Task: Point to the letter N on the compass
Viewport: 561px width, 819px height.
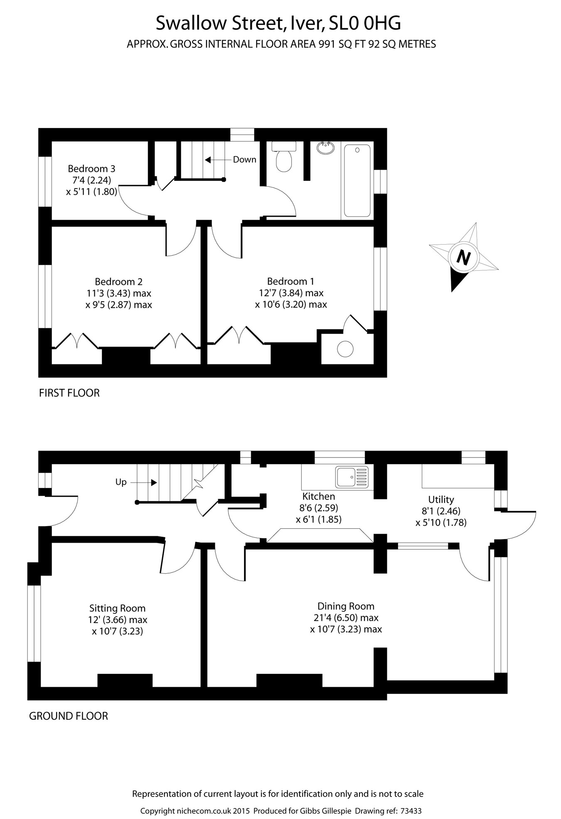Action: point(463,258)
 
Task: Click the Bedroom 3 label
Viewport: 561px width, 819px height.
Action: point(91,168)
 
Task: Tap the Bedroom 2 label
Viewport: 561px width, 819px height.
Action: point(118,282)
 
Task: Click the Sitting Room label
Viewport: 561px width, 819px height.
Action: point(117,609)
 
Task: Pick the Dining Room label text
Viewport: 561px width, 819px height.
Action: point(346,606)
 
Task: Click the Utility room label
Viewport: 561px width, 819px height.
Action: point(441,499)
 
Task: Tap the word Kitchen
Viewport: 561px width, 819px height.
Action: point(318,496)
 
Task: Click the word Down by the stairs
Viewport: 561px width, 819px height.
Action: point(244,160)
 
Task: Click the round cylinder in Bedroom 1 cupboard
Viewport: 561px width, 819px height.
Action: point(345,349)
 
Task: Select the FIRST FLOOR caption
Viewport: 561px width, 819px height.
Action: point(69,393)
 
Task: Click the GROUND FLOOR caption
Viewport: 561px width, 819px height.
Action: point(68,716)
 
